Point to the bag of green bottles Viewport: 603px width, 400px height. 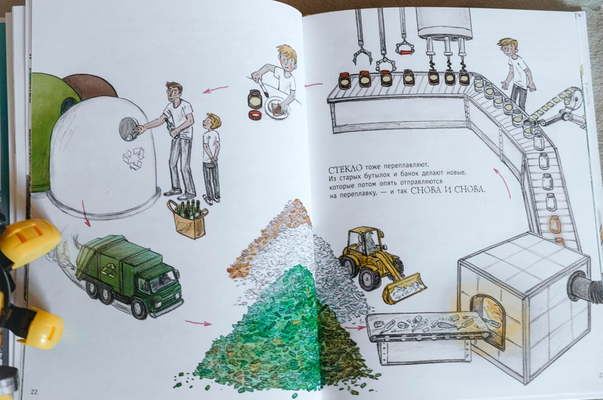(x=188, y=219)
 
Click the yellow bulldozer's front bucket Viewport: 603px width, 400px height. (x=402, y=288)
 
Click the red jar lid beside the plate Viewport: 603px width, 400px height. (x=255, y=114)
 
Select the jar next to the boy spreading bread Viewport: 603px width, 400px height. (x=255, y=99)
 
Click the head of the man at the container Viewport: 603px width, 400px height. (x=175, y=92)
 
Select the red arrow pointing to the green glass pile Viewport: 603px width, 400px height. (x=198, y=323)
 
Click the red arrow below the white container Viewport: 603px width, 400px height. (x=86, y=213)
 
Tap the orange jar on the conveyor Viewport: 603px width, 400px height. (x=555, y=225)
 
